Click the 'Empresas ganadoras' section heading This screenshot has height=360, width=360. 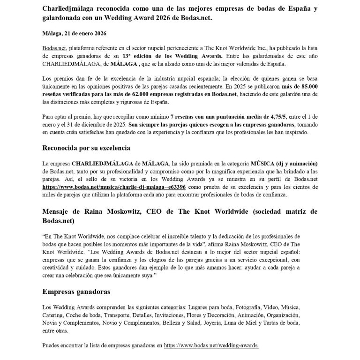pyautogui.click(x=76, y=292)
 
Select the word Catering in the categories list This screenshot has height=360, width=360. pyautogui.click(x=52, y=315)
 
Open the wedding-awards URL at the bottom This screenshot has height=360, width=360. pyautogui.click(x=211, y=346)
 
